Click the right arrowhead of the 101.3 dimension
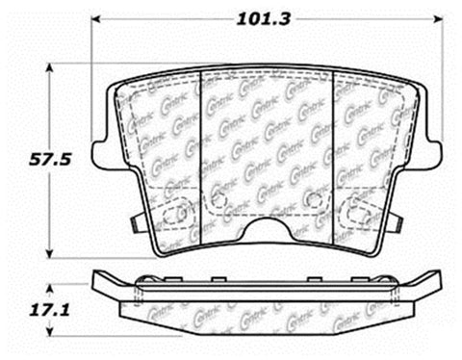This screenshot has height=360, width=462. (x=440, y=17)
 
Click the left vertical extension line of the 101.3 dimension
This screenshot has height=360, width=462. (x=92, y=77)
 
